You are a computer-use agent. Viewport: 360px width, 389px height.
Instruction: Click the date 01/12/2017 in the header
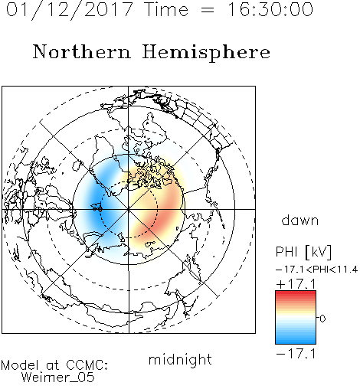[x=70, y=10]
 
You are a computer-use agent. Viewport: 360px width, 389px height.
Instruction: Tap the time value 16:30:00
[x=270, y=9]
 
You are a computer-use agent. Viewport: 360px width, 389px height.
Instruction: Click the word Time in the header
[x=166, y=9]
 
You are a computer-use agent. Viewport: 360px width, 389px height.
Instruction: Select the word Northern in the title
[x=82, y=51]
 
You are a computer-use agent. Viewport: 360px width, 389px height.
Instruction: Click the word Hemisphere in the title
[x=206, y=53]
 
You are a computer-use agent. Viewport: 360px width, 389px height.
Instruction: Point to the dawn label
[x=300, y=220]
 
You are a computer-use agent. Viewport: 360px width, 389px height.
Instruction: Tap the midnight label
[x=180, y=359]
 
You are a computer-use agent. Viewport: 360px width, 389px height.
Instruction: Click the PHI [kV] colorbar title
[x=303, y=252]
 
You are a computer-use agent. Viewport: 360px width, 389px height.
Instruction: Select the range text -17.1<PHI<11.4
[x=316, y=270]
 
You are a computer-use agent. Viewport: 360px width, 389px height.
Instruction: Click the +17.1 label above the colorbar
[x=296, y=284]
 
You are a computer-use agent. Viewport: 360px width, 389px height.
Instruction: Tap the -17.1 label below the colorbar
[x=296, y=354]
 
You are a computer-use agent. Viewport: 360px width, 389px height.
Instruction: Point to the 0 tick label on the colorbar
[x=322, y=319]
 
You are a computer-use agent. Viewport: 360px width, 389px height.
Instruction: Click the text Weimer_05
[x=58, y=378]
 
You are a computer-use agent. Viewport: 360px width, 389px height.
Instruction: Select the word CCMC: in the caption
[x=87, y=364]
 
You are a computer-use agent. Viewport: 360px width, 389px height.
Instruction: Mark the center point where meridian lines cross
[x=129, y=209]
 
